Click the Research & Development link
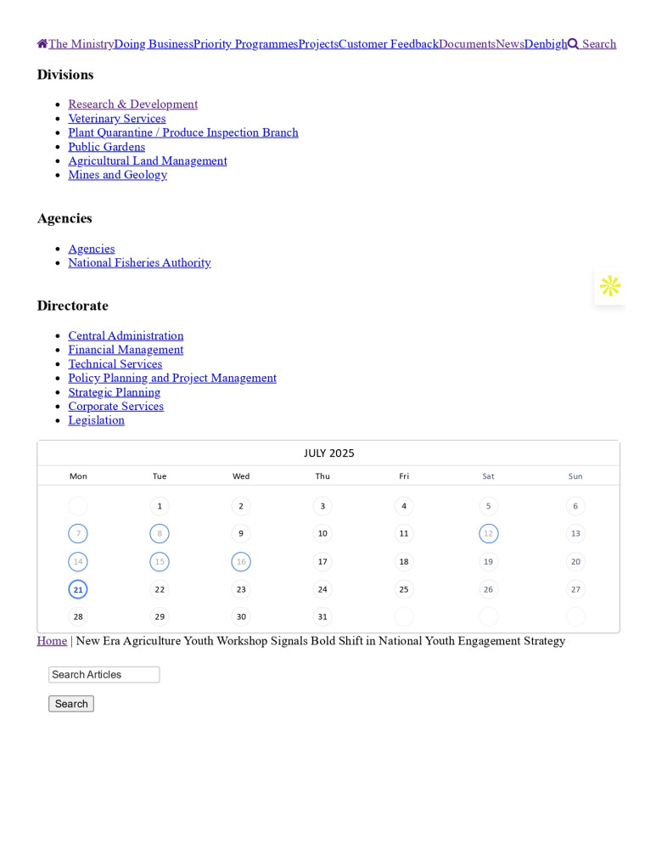click(x=132, y=104)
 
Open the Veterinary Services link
click(x=116, y=119)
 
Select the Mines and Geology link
click(x=117, y=175)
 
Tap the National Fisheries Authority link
click(x=139, y=263)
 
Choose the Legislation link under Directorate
click(x=96, y=420)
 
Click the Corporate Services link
click(x=115, y=407)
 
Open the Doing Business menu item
click(x=154, y=44)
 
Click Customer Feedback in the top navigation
click(x=388, y=44)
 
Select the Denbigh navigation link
click(x=545, y=44)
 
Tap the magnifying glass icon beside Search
click(x=574, y=44)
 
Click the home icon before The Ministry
click(x=42, y=44)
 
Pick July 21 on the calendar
click(x=78, y=589)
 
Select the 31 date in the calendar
click(x=322, y=617)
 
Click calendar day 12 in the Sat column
click(x=488, y=534)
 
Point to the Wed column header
click(x=241, y=476)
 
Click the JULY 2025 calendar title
click(x=328, y=453)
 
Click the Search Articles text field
click(x=104, y=675)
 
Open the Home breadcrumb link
click(x=52, y=641)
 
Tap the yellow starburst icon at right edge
click(x=610, y=286)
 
